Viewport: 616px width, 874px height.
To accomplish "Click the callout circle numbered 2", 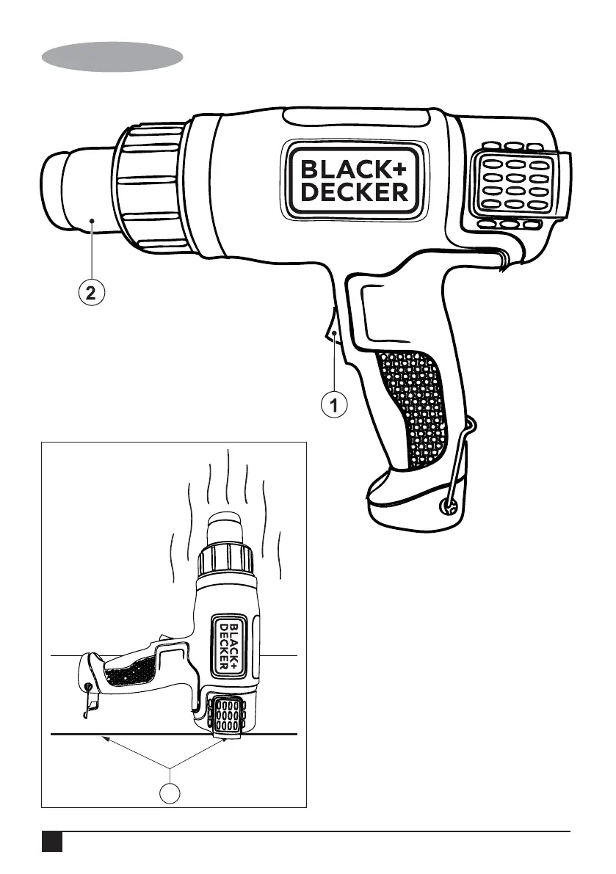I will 90,294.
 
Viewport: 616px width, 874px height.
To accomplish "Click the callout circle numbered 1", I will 335,404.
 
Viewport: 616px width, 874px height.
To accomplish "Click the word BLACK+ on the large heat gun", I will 354,170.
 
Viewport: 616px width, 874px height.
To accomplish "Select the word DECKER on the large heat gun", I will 354,192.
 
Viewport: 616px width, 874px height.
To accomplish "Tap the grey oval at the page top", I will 112,57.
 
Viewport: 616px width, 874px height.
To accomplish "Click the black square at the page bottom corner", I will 51,842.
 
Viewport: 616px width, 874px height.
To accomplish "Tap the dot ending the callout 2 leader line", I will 92,219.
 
